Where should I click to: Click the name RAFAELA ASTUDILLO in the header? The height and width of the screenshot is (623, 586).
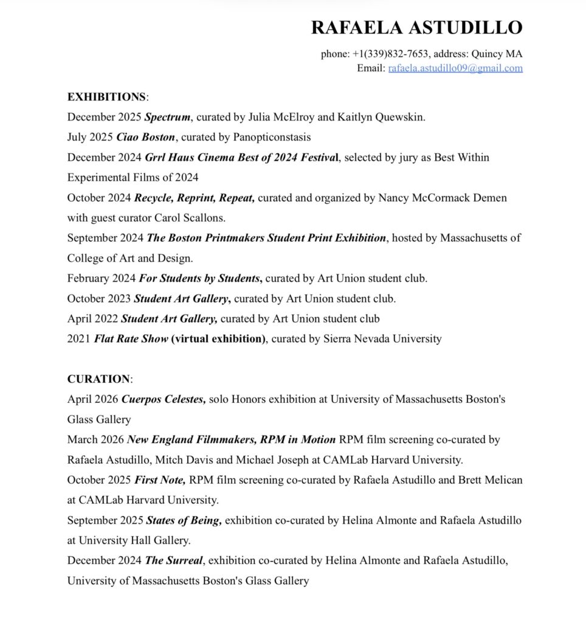416,27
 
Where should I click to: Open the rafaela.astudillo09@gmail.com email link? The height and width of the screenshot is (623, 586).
455,68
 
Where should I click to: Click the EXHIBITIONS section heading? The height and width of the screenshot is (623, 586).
106,97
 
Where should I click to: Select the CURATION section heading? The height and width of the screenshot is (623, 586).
98,379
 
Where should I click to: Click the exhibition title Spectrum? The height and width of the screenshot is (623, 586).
168,117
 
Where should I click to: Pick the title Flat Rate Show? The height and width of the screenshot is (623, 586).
131,339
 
